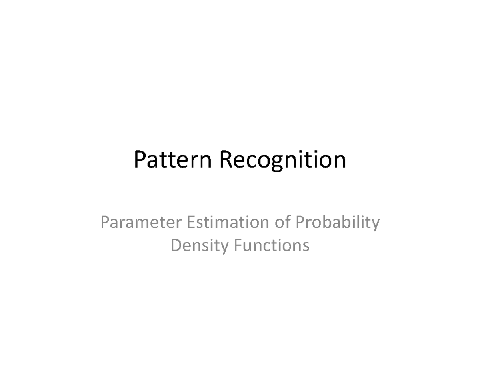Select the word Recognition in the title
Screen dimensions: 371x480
pyautogui.click(x=282, y=160)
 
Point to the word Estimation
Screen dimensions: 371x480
pyautogui.click(x=226, y=223)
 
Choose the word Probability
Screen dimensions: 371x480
pyautogui.click(x=337, y=223)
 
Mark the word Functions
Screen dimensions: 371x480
pyautogui.click(x=272, y=245)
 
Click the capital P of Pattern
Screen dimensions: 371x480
pyautogui.click(x=140, y=160)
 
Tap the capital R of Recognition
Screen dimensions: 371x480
pyautogui.click(x=225, y=160)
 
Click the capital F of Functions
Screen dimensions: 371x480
pyautogui.click(x=238, y=245)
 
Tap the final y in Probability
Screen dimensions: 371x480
pyautogui.click(x=375, y=225)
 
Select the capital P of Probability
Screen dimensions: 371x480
pyautogui.click(x=300, y=223)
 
